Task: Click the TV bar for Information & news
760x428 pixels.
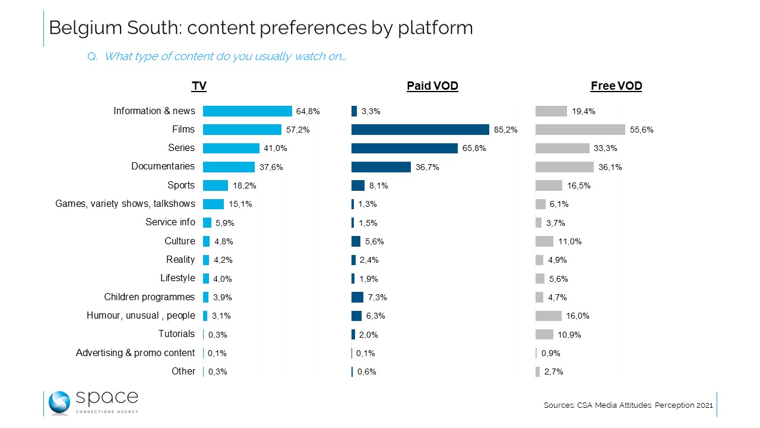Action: coord(247,111)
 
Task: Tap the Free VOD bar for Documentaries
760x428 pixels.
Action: coord(564,167)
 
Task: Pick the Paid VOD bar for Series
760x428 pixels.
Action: coord(404,148)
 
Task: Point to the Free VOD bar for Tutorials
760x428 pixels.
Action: coord(544,334)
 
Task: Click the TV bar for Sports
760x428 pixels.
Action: coord(216,185)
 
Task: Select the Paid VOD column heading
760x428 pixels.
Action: coord(432,86)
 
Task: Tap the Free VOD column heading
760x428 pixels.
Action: coord(616,86)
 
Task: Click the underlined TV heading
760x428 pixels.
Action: coord(199,86)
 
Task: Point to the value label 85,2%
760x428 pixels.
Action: coord(505,130)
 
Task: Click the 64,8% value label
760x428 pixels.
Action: coord(308,111)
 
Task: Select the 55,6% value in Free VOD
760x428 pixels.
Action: coord(641,130)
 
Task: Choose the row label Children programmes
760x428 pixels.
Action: coord(149,297)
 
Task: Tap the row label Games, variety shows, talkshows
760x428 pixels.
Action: coord(125,204)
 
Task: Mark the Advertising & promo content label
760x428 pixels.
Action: coord(135,353)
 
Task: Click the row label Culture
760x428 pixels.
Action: coord(179,241)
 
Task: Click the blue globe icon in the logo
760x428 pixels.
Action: coord(59,402)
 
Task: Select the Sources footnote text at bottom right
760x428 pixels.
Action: coord(628,405)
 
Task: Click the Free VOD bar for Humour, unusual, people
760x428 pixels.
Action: coord(548,316)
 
